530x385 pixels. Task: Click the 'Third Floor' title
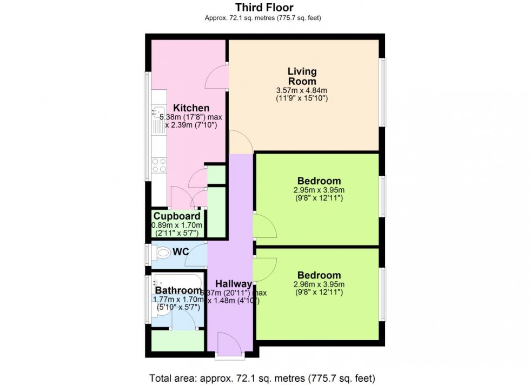[x=264, y=8]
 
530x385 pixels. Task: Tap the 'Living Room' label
[x=302, y=76]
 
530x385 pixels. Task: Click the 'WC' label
[x=180, y=252]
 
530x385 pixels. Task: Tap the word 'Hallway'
[x=234, y=284]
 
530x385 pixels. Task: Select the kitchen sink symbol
[x=158, y=114]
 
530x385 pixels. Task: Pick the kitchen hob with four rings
[x=158, y=164]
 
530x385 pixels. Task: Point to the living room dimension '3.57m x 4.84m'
[x=302, y=90]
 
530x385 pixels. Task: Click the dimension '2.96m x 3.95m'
[x=319, y=284]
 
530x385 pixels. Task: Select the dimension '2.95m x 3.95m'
[x=319, y=190]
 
